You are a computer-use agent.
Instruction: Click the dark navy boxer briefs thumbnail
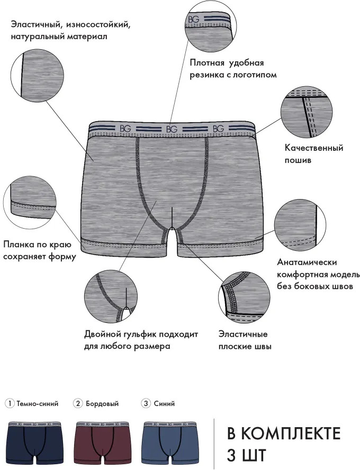click(35, 443)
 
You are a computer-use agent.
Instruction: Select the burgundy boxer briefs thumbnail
click(103, 443)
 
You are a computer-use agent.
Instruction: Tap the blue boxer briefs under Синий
click(170, 443)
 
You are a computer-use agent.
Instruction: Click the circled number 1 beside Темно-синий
click(10, 403)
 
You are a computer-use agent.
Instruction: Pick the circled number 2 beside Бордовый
click(78, 403)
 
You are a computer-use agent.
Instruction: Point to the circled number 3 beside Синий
click(146, 403)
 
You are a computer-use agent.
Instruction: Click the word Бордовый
click(102, 404)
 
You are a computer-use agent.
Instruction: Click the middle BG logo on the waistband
click(172, 129)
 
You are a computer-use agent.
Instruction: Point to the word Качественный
click(314, 148)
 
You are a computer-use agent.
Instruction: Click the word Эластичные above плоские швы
click(243, 334)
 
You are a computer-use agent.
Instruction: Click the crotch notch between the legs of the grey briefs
click(171, 231)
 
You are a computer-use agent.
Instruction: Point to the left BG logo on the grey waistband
click(125, 129)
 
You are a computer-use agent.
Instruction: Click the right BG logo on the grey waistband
click(218, 129)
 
